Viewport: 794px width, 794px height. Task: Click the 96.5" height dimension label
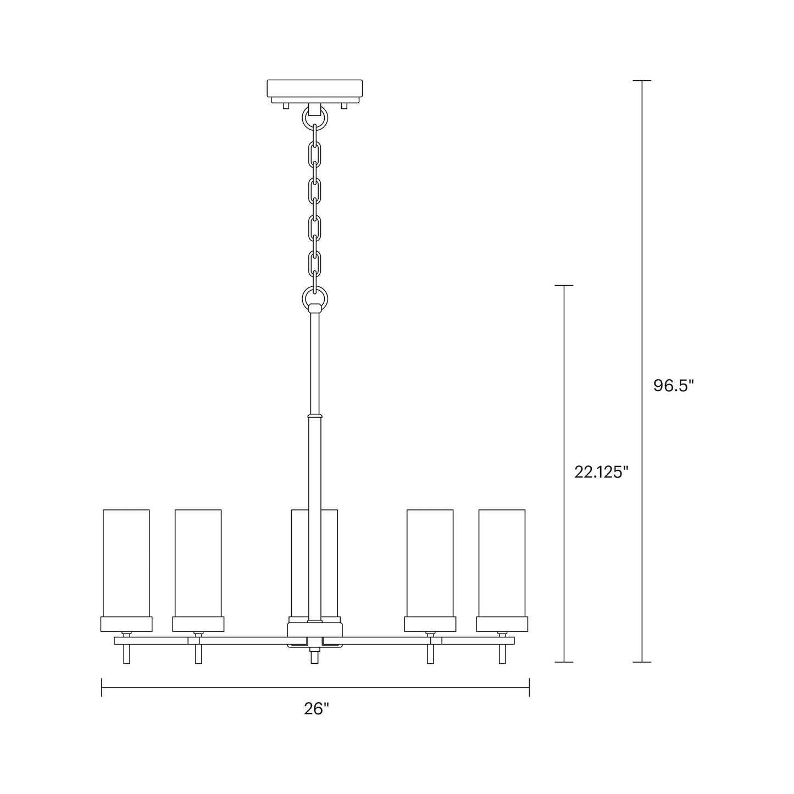point(674,386)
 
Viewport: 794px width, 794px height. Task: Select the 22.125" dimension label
point(601,472)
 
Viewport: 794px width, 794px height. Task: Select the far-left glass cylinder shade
point(126,563)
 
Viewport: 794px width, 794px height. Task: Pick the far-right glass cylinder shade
point(502,563)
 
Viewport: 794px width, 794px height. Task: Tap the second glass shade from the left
point(198,563)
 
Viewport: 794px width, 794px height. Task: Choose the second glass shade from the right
point(430,563)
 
